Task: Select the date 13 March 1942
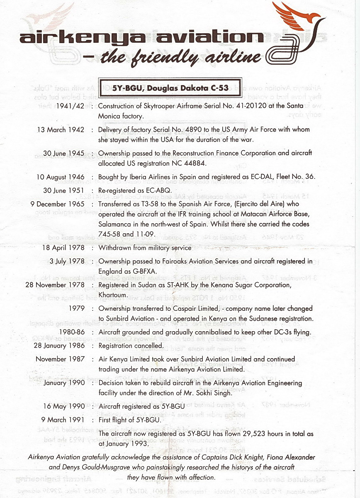60,129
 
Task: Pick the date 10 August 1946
60,177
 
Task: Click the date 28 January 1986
60,345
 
